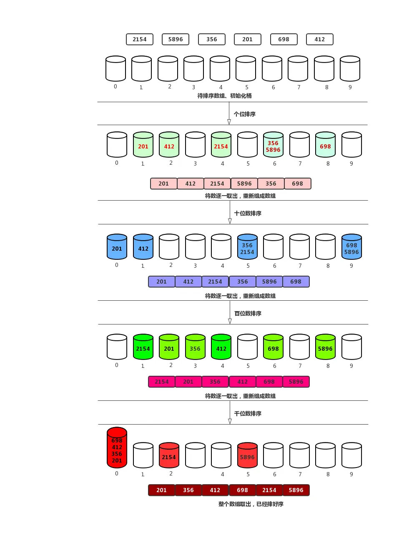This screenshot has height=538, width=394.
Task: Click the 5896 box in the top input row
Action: [176, 39]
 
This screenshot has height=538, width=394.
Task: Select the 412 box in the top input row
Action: [320, 39]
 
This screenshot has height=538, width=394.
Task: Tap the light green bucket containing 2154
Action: [221, 145]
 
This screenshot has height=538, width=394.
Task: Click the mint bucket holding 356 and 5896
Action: [273, 145]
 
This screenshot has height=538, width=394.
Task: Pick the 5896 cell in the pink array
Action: [244, 184]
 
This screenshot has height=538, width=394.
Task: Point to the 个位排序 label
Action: [245, 114]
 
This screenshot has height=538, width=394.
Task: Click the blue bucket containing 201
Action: [117, 247]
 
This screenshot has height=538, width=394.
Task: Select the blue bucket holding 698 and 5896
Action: [351, 247]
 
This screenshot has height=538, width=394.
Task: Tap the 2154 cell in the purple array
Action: [215, 282]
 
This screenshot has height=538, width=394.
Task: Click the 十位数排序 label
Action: [248, 213]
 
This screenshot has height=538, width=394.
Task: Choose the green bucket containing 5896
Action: [325, 347]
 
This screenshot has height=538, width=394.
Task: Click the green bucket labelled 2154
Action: [143, 347]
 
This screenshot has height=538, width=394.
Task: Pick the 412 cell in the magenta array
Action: [242, 382]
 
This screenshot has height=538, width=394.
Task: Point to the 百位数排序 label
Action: [248, 313]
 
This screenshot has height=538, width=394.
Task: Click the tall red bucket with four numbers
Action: [117, 448]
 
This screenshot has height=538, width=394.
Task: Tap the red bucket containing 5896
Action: [247, 455]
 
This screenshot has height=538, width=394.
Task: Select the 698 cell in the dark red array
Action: [242, 490]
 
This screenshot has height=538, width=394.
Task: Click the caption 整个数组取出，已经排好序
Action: [251, 504]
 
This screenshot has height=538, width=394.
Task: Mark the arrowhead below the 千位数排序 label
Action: [230, 421]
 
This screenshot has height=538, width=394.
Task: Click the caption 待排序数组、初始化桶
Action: [224, 96]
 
